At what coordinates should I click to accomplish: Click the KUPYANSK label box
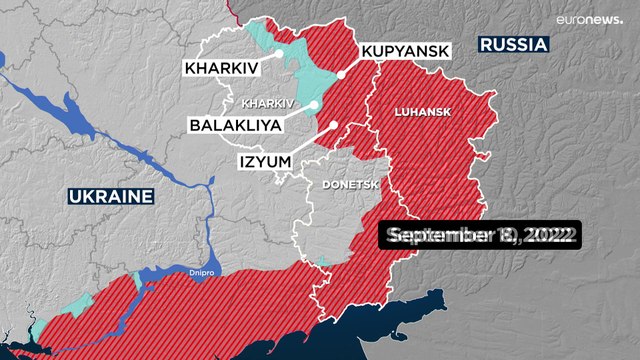coord(405,50)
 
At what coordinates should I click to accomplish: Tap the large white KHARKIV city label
coord(220,69)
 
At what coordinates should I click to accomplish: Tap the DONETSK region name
coord(347,185)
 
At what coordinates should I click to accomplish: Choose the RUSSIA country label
coord(514,44)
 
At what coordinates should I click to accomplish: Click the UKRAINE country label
coord(111,195)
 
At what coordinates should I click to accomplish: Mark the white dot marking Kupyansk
coord(341,74)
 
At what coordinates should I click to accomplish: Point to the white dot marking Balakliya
coord(314,104)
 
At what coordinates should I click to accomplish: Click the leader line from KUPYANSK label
coord(353,66)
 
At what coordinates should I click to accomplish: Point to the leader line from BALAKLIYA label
coord(297,112)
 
